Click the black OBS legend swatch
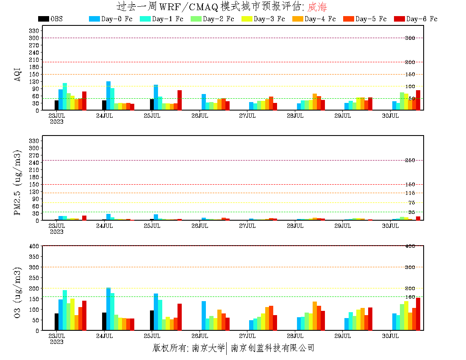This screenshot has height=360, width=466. click(x=43, y=19)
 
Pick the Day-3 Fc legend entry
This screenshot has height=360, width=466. click(x=263, y=19)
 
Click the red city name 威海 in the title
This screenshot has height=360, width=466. click(x=317, y=7)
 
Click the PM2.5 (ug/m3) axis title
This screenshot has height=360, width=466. click(x=17, y=183)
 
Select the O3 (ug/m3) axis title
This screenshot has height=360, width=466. click(x=17, y=292)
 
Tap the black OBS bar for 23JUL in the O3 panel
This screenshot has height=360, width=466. click(x=56, y=322)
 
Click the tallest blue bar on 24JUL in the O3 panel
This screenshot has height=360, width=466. click(x=108, y=309)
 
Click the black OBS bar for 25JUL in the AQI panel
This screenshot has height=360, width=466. click(x=152, y=105)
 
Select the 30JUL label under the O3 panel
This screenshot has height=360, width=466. click(x=391, y=336)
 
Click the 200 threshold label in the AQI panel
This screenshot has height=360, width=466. click(x=410, y=62)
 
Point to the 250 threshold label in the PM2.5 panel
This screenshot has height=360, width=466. click(x=410, y=160)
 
